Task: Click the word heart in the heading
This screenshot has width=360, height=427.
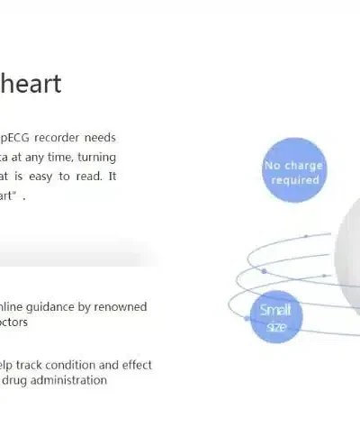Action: point(31,84)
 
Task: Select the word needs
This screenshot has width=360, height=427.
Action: point(100,138)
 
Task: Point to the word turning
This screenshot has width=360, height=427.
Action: point(96,157)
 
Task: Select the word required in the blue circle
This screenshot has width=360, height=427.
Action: point(295,180)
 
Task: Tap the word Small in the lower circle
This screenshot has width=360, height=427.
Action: point(274,311)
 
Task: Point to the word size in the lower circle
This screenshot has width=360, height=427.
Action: point(275,325)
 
